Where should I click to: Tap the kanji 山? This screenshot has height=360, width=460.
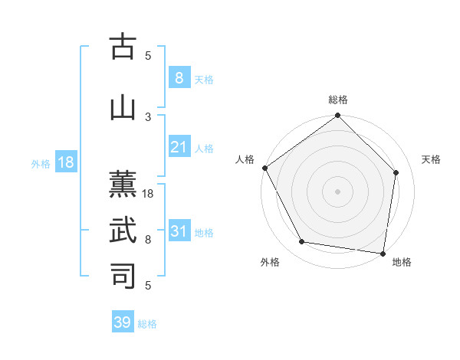(123, 108)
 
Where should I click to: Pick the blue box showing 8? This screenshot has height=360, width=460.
(179, 78)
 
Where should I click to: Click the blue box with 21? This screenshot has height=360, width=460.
(179, 147)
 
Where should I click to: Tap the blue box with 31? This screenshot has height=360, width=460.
(179, 231)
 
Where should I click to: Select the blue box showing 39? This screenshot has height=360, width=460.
(123, 322)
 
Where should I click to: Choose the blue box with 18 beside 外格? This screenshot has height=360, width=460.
(65, 162)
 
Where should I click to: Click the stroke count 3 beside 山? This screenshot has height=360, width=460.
(149, 116)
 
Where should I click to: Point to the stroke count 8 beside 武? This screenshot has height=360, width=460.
(149, 240)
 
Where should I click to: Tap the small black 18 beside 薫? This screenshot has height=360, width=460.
(149, 194)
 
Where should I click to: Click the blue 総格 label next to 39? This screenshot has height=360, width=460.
(147, 324)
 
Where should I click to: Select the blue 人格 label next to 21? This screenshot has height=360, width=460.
(204, 149)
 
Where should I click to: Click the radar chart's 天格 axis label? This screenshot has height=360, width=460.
(431, 159)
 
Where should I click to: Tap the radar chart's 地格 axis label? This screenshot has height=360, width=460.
(402, 262)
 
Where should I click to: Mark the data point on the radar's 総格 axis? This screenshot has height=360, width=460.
(337, 116)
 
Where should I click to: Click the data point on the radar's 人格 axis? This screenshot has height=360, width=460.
(264, 168)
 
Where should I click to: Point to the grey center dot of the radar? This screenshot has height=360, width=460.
(337, 191)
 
